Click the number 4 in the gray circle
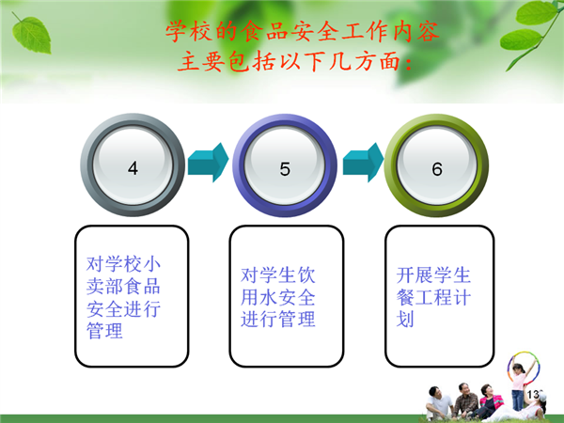pos(133,168)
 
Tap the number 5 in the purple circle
pos(285,168)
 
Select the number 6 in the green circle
pos(437,169)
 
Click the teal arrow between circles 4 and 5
pos(209,163)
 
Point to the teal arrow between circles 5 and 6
pos(363,163)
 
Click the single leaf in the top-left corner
pos(31,34)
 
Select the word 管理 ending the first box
pos(104,331)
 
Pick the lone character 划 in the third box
pos(405,320)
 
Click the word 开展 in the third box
pos(415,275)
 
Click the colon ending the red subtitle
pos(408,62)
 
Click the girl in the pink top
pos(518,386)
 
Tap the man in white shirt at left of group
pos(437,403)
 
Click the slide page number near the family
pos(534,395)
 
